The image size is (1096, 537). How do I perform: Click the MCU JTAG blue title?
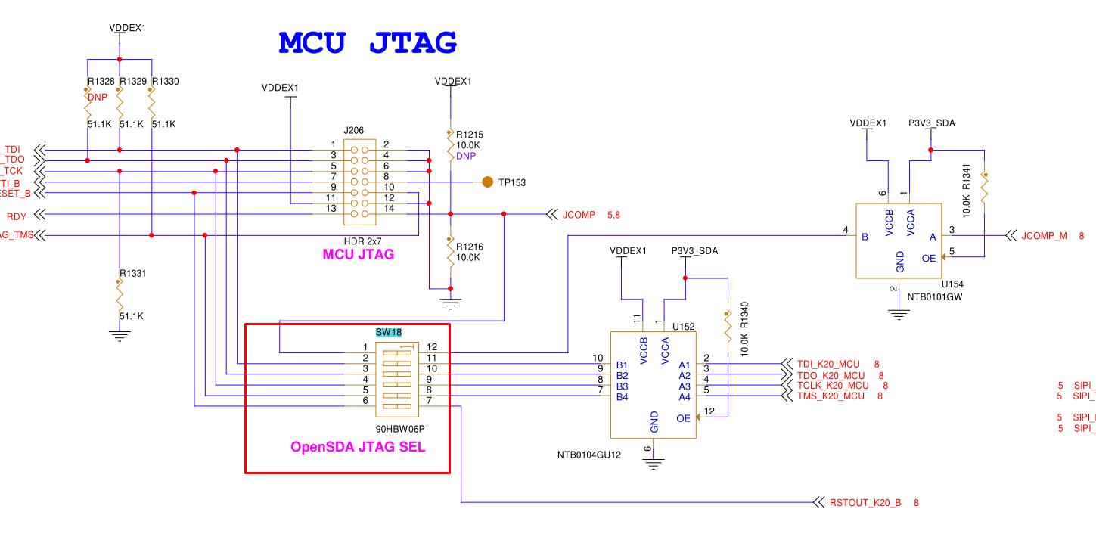[368, 42]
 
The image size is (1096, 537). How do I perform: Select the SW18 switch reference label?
[389, 332]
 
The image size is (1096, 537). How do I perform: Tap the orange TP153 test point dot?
[487, 182]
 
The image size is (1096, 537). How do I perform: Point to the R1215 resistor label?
[470, 135]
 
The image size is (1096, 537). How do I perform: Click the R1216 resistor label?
[470, 247]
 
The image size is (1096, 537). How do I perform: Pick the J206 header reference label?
[354, 130]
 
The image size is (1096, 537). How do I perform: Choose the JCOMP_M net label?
[1044, 236]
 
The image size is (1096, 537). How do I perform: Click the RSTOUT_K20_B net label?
[865, 502]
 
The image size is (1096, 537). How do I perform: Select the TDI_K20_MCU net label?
[828, 365]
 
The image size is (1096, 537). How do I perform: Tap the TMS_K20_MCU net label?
[831, 396]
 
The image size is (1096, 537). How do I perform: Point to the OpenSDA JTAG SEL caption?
[358, 447]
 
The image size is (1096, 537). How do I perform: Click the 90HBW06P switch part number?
[400, 429]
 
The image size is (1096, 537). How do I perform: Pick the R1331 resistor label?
[132, 274]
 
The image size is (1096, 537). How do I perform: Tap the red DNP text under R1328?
[98, 97]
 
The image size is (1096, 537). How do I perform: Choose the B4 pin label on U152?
[622, 397]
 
